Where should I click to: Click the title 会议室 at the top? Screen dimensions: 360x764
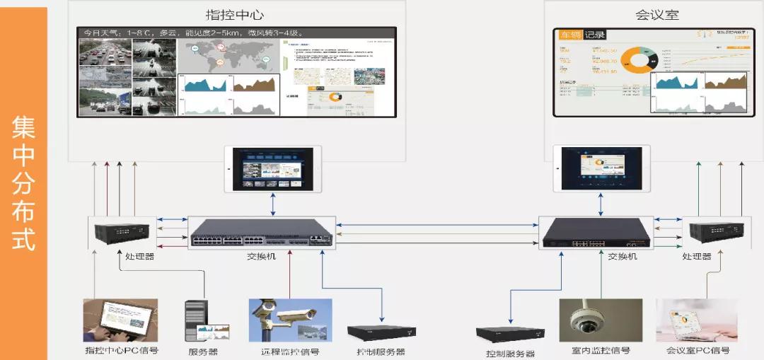(x=657, y=15)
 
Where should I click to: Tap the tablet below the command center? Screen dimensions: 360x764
(x=272, y=168)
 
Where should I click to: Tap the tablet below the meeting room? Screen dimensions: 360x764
(x=601, y=168)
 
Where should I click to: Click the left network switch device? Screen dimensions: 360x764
(x=262, y=232)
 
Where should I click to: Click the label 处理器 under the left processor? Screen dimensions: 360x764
(x=139, y=257)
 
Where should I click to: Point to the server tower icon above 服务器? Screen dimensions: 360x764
(x=197, y=321)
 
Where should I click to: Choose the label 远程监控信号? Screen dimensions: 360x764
(x=290, y=352)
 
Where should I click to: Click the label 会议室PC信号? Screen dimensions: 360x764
(x=698, y=351)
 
